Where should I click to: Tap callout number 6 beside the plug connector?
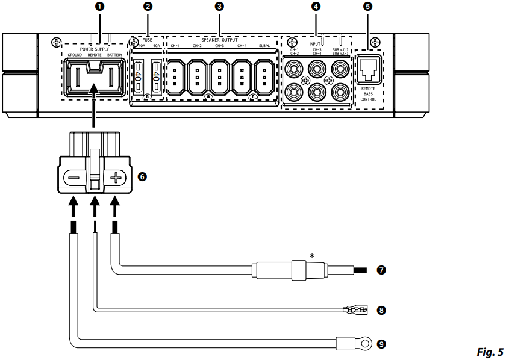[142, 177]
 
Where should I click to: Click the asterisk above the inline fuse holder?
[312, 256]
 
